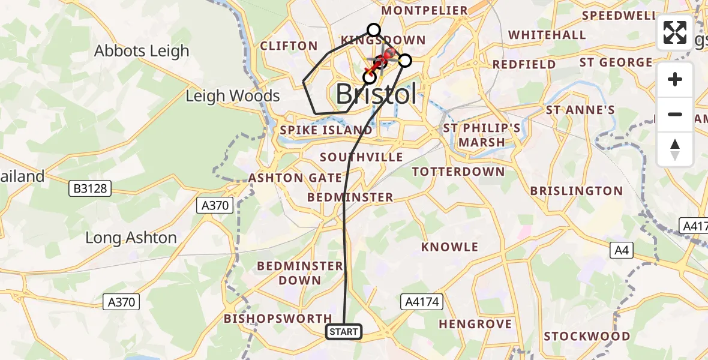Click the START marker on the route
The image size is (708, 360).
point(344,332)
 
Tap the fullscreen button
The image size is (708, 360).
point(675,32)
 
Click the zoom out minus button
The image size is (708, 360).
point(675,114)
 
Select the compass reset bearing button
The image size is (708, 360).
point(675,149)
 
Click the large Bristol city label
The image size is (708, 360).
point(376,94)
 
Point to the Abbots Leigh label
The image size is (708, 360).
point(142,51)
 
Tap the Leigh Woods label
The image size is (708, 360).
point(233,96)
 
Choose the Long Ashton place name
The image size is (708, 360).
point(131,238)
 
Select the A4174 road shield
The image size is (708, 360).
point(422,302)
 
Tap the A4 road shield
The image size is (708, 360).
point(622,250)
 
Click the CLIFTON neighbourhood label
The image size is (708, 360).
point(289,46)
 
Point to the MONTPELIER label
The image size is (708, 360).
point(424,11)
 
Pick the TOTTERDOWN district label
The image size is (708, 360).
point(458,172)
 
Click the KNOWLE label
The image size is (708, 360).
point(450,247)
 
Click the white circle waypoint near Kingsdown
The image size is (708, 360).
point(374,30)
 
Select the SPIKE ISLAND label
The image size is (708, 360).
point(327,130)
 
